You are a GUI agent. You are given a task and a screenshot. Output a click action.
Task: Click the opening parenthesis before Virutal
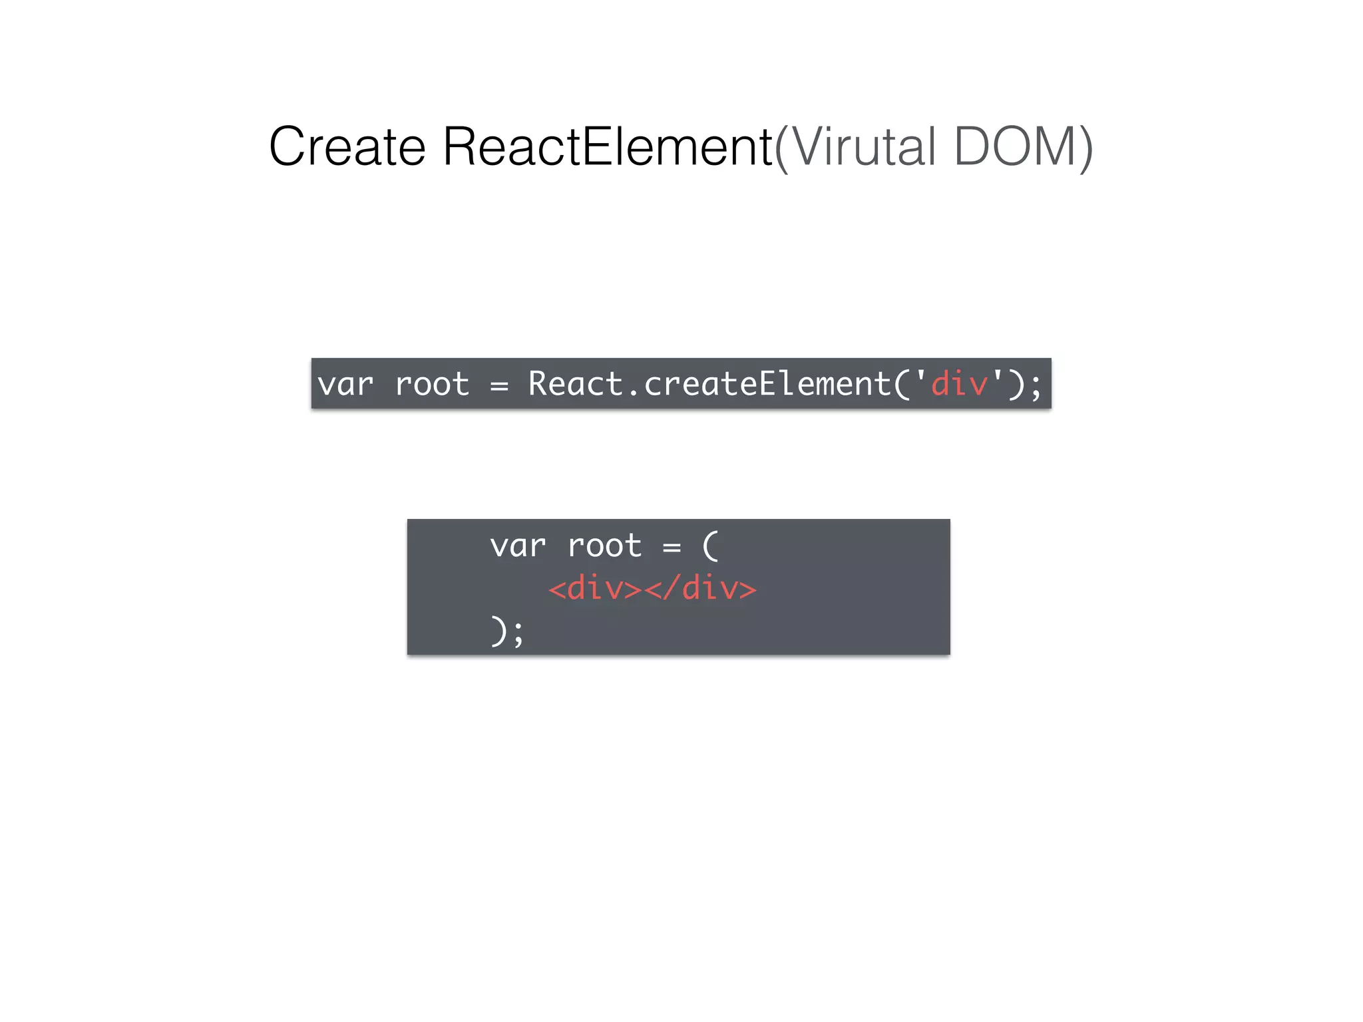point(782,149)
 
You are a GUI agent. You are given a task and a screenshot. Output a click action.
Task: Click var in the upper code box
point(345,385)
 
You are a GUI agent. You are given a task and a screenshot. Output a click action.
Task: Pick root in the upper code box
point(432,385)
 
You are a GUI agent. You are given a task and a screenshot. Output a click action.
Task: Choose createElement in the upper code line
point(767,384)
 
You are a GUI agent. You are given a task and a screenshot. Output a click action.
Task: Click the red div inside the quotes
point(959,384)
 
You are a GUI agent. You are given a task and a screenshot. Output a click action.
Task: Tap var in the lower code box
point(518,546)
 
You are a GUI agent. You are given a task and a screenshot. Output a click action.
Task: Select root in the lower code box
point(605,546)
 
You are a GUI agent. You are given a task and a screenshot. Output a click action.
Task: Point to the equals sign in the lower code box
point(672,548)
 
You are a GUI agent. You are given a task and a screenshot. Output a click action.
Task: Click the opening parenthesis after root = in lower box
point(711,546)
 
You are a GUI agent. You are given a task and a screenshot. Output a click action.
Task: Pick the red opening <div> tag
point(595,589)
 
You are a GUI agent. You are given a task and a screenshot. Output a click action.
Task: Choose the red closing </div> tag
point(701,589)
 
